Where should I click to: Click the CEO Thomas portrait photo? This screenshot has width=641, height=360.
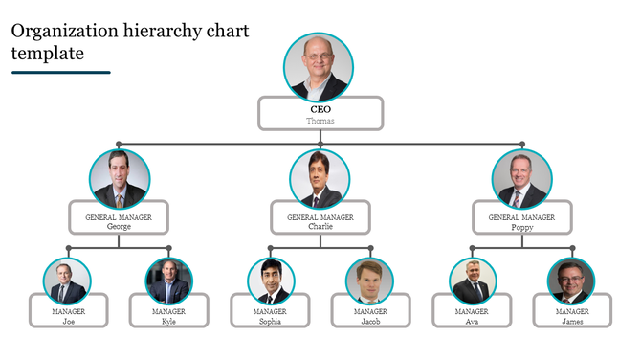[x=319, y=67]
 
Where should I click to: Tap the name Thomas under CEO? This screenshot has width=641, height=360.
[x=320, y=122]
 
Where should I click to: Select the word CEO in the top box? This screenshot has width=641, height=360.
[x=320, y=109]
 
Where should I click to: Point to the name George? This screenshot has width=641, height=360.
[x=120, y=227]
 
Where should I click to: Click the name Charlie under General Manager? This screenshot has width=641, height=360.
[x=320, y=227]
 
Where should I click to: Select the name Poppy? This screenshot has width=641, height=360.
[x=521, y=227]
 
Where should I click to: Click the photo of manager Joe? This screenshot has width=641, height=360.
[x=67, y=281]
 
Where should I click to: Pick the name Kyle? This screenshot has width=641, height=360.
[x=169, y=322]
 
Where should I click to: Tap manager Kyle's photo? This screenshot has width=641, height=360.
[x=169, y=281]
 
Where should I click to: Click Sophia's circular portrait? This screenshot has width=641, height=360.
[x=271, y=281]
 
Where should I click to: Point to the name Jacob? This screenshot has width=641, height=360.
[x=370, y=322]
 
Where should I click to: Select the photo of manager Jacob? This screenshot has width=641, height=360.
[x=370, y=281]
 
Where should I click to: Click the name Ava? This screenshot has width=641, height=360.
[x=472, y=322]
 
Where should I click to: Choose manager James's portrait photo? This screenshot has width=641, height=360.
[x=571, y=281]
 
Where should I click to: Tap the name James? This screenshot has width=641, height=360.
[x=572, y=322]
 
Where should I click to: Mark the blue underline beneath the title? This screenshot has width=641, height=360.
[x=61, y=72]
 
